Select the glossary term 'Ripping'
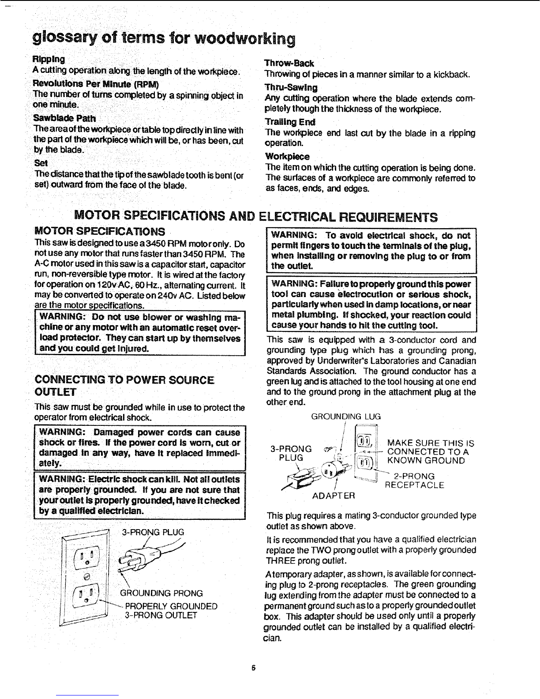click(49, 59)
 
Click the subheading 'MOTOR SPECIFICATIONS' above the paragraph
click(100, 231)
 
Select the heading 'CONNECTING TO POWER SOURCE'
click(124, 380)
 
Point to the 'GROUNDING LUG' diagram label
click(346, 417)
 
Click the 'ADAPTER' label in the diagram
click(333, 496)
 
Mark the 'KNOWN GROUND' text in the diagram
click(426, 461)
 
